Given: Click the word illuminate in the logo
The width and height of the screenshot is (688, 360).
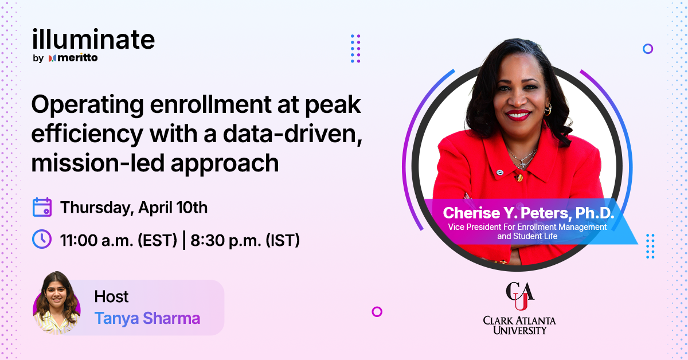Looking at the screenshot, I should [x=93, y=40].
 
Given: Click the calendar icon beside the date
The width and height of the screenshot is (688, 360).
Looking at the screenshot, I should [x=42, y=207].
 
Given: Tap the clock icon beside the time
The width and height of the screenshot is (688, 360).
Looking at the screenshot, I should [x=42, y=239].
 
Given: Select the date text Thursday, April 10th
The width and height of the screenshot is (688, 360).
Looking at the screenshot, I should [x=134, y=207].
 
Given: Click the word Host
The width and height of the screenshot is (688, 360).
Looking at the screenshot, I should [x=111, y=297].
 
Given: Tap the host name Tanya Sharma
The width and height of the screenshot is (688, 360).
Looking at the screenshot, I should [x=147, y=318].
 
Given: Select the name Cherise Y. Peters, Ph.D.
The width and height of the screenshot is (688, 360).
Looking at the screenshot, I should [x=528, y=213].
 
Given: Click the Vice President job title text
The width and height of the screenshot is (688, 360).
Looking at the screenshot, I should [x=527, y=231].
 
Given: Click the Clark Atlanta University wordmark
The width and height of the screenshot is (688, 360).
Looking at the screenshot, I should [x=519, y=324].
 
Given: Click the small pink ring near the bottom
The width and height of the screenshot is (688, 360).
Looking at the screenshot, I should [x=377, y=312].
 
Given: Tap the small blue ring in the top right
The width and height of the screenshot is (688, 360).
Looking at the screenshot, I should [x=648, y=49].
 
